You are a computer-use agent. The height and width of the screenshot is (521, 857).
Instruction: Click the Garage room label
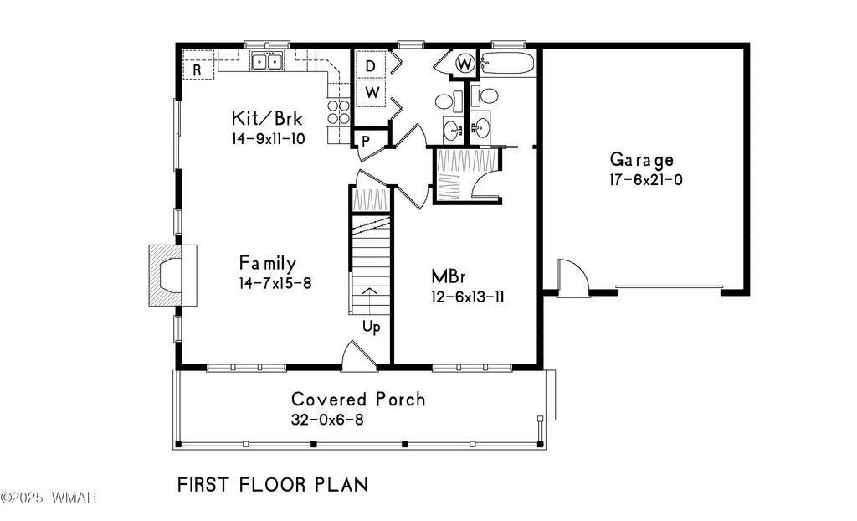(642, 160)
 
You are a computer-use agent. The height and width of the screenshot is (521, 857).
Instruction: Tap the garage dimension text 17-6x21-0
(646, 179)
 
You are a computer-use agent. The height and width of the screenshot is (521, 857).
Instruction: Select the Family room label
(268, 263)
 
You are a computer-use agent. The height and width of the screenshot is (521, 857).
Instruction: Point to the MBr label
(449, 276)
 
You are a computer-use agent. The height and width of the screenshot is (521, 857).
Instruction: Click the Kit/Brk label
(267, 118)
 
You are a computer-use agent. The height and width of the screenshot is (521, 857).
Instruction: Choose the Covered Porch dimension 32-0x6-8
(327, 420)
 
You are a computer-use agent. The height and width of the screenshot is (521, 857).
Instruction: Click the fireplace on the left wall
(172, 276)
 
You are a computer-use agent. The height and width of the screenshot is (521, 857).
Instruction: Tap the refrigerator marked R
(198, 70)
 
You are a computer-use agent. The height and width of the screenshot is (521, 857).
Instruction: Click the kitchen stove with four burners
(338, 111)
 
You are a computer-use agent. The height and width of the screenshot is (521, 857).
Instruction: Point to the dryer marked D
(371, 65)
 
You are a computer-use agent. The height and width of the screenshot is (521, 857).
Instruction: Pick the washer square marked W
(372, 92)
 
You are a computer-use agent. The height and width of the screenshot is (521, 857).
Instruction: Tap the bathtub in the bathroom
(507, 63)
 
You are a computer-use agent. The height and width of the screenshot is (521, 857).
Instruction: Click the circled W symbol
(465, 64)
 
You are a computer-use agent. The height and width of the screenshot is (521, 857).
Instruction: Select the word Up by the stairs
(371, 328)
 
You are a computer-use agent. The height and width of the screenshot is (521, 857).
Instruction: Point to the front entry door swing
(359, 356)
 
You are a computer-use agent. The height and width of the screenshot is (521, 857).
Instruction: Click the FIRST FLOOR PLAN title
(273, 485)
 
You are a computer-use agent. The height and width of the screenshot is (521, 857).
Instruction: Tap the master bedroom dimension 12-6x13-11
(467, 297)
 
